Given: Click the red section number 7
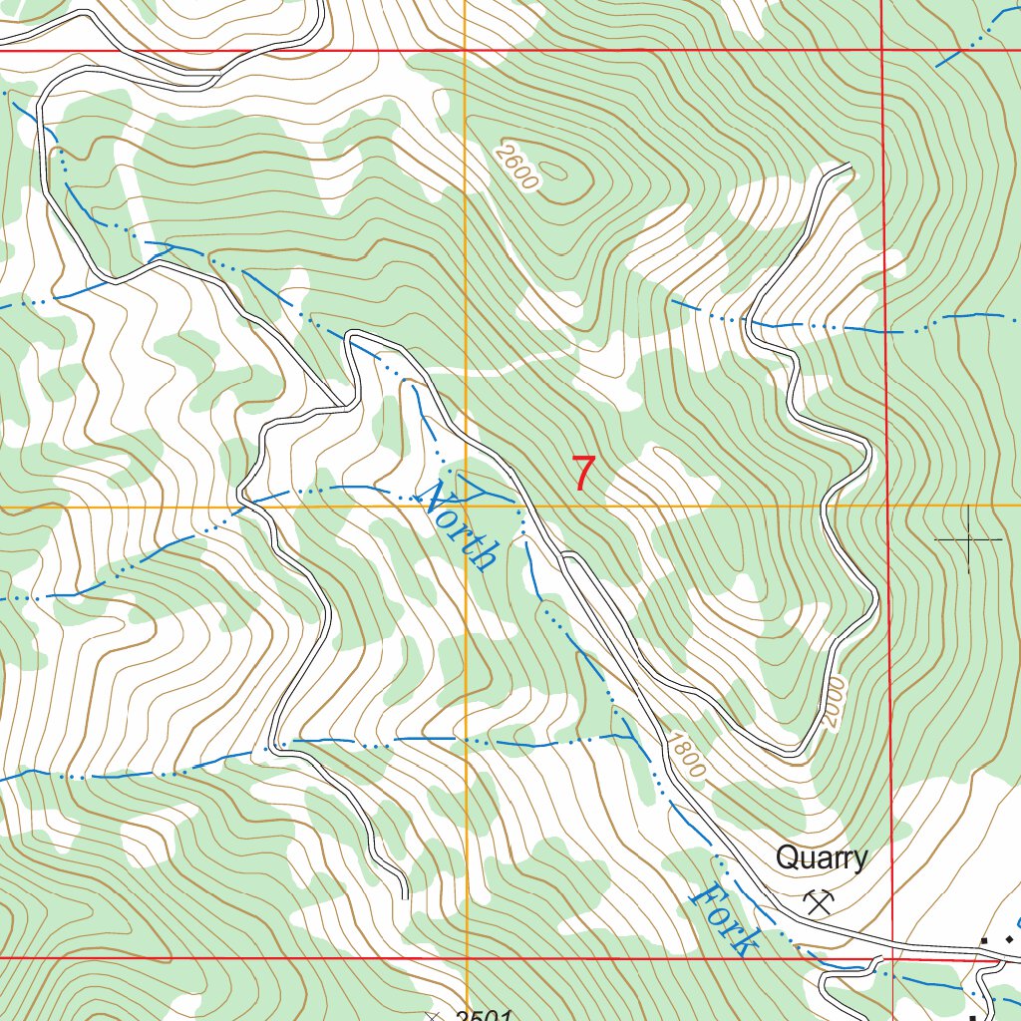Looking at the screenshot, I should point(584,473).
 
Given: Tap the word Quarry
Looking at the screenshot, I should point(822,857).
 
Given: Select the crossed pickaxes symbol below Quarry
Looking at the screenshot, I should point(820,901).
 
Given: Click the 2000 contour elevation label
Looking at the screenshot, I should point(834,704).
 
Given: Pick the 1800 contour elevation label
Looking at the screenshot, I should point(687,757).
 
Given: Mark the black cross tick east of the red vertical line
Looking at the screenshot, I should point(968,539).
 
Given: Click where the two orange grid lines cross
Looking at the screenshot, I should point(466,507).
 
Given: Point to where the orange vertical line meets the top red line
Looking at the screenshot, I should point(466,50).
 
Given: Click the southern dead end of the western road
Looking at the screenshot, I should point(406,895).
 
